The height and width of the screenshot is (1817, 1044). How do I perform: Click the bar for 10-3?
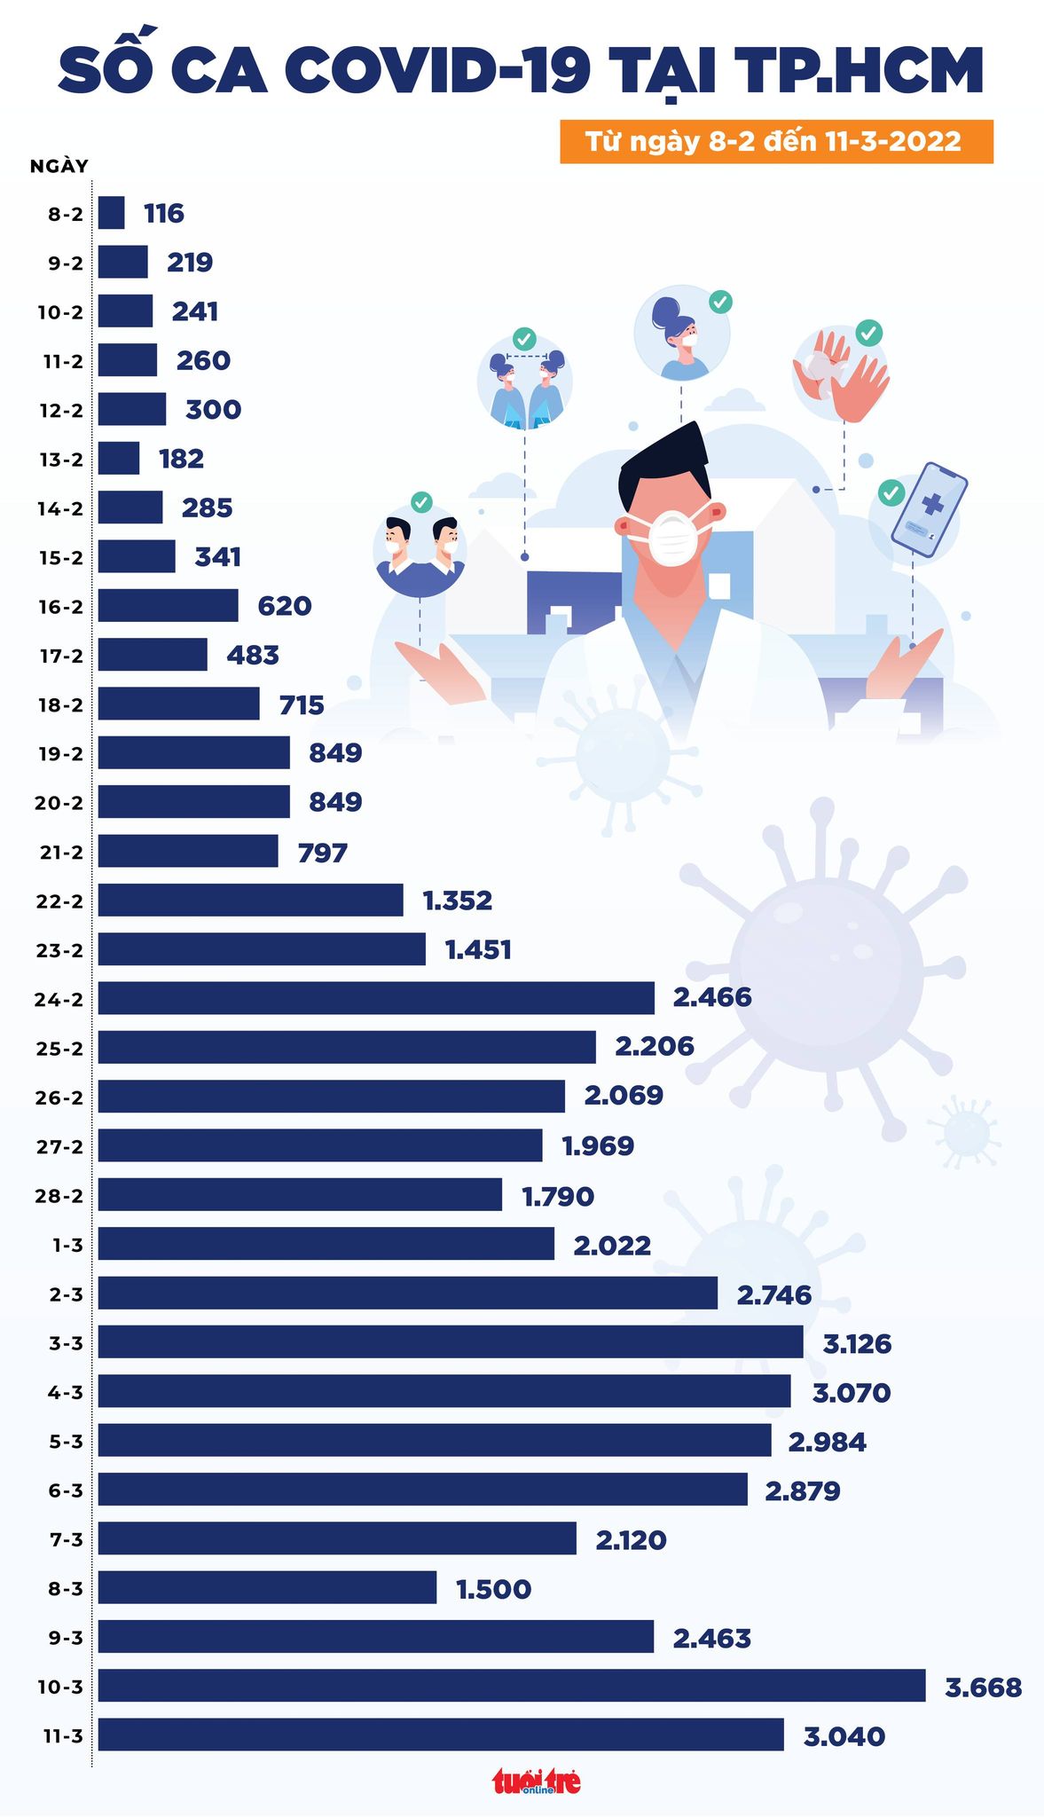click(x=511, y=1686)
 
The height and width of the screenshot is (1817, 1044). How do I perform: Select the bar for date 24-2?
click(x=376, y=998)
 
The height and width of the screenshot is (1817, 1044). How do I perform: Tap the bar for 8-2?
click(x=111, y=213)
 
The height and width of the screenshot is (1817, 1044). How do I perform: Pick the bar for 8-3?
click(x=267, y=1587)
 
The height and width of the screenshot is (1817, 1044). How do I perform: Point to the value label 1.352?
click(x=457, y=901)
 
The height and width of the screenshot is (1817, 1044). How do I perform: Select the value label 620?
click(x=284, y=606)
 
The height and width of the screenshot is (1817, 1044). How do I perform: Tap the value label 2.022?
click(x=612, y=1245)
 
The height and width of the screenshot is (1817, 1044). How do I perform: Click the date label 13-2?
click(x=60, y=460)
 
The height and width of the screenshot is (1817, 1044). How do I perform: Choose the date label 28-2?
click(x=60, y=1196)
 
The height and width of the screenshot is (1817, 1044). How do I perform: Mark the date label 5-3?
click(x=66, y=1442)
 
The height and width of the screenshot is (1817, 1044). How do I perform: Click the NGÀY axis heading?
click(x=59, y=166)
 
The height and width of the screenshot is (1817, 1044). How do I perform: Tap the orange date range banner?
click(x=775, y=142)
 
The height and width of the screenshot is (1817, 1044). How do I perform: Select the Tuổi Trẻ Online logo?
click(x=537, y=1781)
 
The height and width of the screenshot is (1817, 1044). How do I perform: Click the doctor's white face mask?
click(x=671, y=535)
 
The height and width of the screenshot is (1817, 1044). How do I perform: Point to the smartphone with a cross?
click(x=929, y=509)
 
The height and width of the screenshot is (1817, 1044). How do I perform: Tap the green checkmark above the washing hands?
click(x=868, y=334)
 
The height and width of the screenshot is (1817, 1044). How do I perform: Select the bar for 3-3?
click(x=451, y=1341)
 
